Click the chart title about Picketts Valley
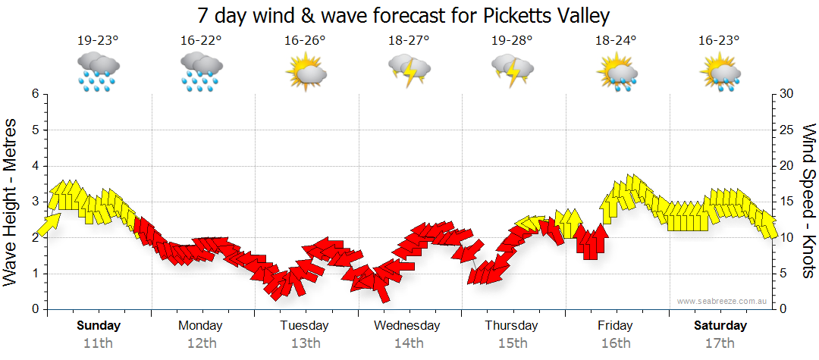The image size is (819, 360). (403, 15)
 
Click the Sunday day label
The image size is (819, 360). (98, 326)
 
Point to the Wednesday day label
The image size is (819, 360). (406, 326)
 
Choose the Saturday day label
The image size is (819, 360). (720, 326)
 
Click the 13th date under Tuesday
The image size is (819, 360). (305, 343)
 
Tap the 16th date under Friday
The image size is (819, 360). (615, 343)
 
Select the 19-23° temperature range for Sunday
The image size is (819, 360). (98, 40)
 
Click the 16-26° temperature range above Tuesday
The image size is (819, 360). (305, 40)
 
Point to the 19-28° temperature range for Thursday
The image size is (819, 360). (511, 40)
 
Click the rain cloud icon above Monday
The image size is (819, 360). (201, 72)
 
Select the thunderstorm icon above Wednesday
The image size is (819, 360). (409, 70)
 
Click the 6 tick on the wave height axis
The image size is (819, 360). (35, 94)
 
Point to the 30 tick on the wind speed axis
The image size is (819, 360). (787, 94)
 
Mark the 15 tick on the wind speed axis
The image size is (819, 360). (787, 202)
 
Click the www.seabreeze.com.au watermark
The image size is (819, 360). (723, 301)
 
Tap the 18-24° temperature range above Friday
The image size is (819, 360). (615, 40)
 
